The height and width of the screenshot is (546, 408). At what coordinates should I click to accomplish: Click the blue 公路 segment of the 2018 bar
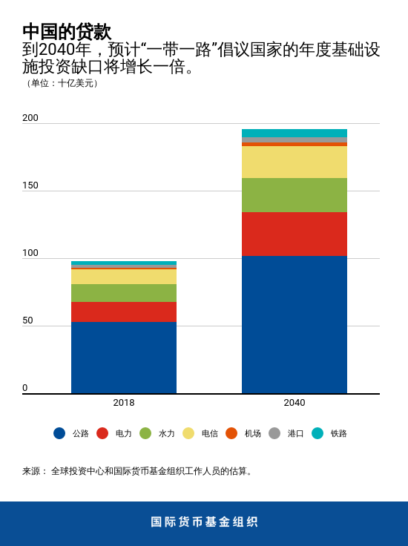click(124, 358)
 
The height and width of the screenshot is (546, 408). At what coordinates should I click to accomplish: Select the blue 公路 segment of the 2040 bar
click(295, 325)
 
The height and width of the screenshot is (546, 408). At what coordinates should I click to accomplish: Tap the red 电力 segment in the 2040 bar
click(295, 234)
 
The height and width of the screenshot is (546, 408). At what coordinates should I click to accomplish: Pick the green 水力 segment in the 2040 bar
click(295, 195)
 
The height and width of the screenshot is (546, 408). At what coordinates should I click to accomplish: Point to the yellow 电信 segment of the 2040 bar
click(295, 162)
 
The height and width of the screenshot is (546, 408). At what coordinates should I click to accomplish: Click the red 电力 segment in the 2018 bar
click(124, 312)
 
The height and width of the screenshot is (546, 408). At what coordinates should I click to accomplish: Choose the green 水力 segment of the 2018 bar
click(124, 293)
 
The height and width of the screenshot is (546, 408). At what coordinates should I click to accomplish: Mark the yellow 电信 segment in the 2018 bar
click(124, 277)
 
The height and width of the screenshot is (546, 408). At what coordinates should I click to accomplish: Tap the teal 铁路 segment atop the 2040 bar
click(295, 134)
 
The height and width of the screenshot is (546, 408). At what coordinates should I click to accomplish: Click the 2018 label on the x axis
click(124, 403)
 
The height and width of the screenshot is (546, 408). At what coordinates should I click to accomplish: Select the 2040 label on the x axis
click(295, 403)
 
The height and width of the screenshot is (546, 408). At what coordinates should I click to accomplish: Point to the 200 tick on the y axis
click(30, 118)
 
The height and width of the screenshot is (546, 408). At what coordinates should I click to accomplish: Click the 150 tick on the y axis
click(30, 185)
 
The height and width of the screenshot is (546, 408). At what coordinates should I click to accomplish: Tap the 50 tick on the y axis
click(27, 320)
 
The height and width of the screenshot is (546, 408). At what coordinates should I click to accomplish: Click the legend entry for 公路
click(71, 433)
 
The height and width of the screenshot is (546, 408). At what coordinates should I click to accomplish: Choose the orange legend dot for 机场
click(231, 433)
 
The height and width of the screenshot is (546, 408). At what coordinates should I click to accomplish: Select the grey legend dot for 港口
click(274, 433)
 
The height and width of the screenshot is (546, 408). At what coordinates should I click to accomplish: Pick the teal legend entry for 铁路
click(329, 433)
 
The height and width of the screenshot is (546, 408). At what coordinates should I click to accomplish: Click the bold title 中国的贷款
click(67, 32)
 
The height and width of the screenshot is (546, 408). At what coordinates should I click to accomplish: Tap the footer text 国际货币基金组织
click(204, 522)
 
